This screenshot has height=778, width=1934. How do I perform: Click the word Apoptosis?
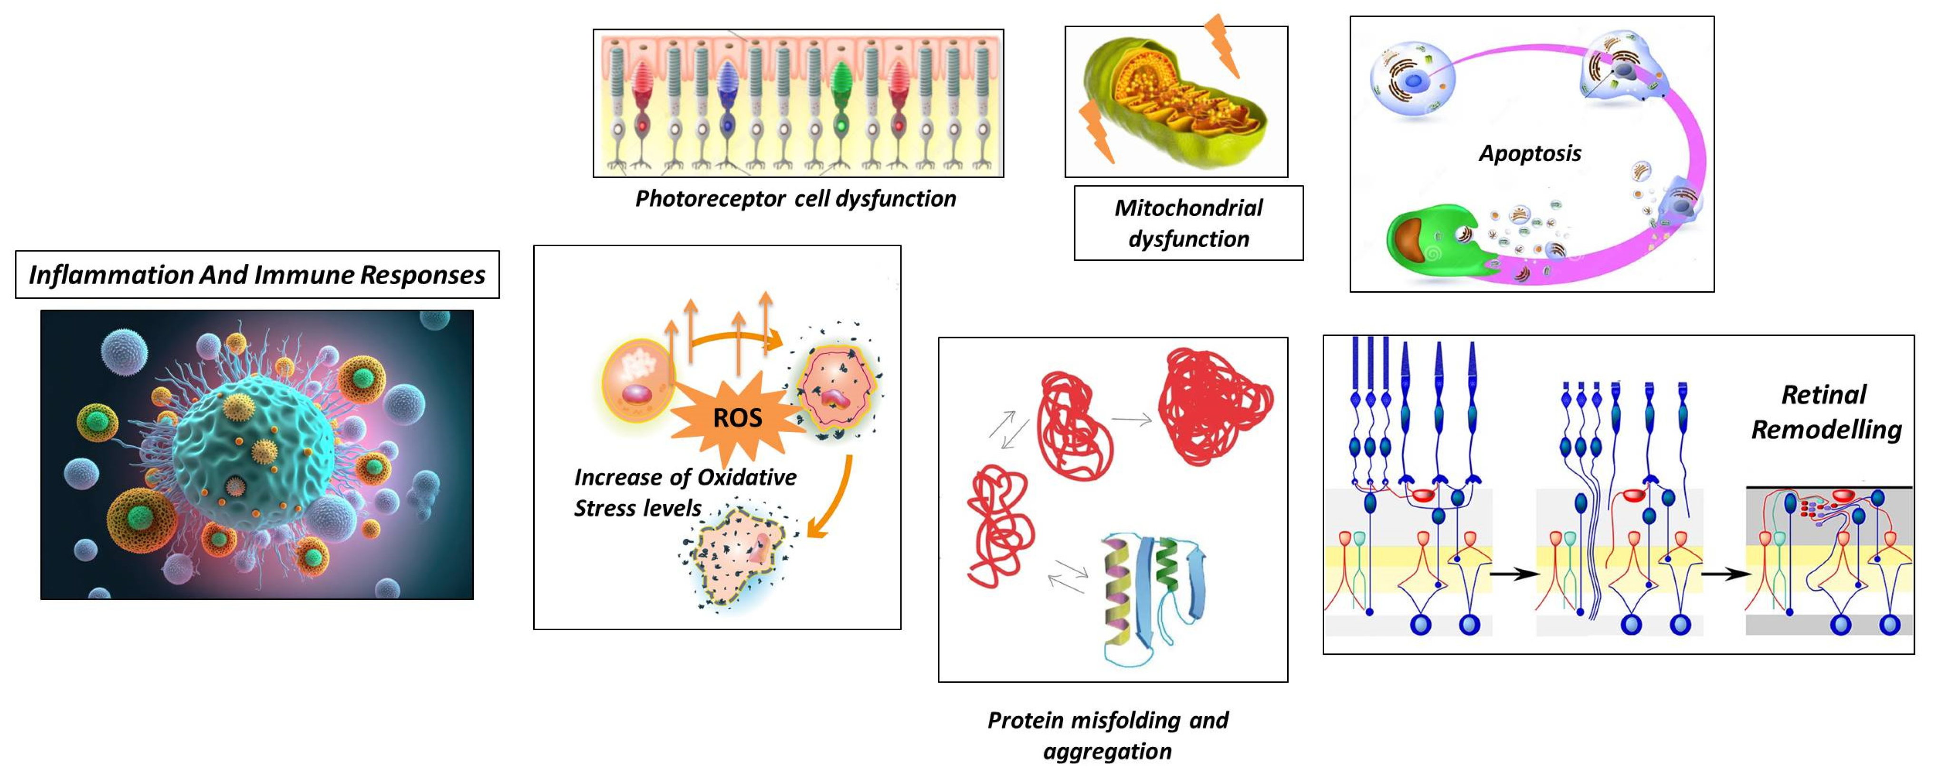1529,154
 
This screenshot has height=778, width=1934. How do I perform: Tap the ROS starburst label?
737,418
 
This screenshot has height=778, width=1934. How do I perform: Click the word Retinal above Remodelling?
1824,394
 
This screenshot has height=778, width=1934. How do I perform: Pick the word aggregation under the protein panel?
1107,751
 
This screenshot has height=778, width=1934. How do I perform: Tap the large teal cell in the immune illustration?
252,450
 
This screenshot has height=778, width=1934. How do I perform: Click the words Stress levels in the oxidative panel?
637,508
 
